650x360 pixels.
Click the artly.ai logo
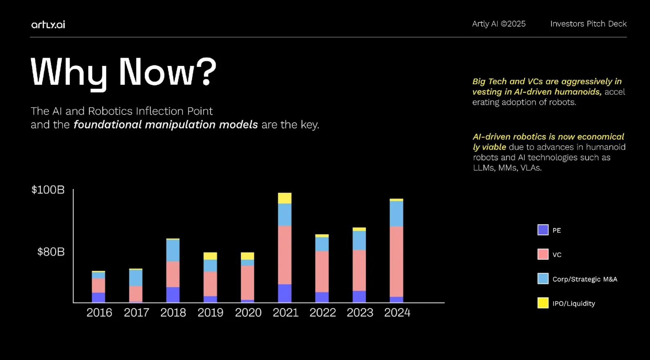pyautogui.click(x=48, y=25)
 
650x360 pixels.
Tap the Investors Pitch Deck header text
pyautogui.click(x=588, y=24)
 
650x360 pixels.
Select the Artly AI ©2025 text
pyautogui.click(x=498, y=24)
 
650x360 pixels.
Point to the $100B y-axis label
pyautogui.click(x=48, y=190)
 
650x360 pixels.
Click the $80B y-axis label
pyautogui.click(x=51, y=252)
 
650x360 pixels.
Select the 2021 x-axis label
pyautogui.click(x=285, y=313)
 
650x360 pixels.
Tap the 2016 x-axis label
pyautogui.click(x=99, y=313)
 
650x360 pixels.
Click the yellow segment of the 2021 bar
pyautogui.click(x=285, y=198)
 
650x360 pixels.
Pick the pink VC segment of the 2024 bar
pyautogui.click(x=396, y=262)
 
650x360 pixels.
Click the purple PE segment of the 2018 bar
pyautogui.click(x=173, y=295)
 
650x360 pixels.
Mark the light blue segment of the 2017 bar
pyautogui.click(x=136, y=278)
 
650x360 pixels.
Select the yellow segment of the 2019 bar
pyautogui.click(x=210, y=256)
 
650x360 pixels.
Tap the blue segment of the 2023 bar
pyautogui.click(x=359, y=241)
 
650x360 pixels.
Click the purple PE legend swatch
pyautogui.click(x=542, y=230)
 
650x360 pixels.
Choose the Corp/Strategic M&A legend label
pyautogui.click(x=585, y=279)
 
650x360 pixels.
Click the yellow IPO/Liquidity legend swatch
pyautogui.click(x=542, y=303)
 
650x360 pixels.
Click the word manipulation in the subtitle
pyautogui.click(x=180, y=124)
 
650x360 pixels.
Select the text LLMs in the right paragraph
pyautogui.click(x=483, y=168)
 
